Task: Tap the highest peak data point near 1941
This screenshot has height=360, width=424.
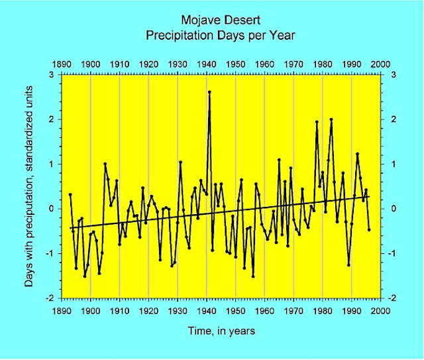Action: point(209,92)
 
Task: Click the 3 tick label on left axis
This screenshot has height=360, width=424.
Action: point(52,74)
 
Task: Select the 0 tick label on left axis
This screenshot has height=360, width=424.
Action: point(52,209)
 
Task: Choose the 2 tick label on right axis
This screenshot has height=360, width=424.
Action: point(390,119)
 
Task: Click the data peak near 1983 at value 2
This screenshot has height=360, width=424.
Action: point(331,119)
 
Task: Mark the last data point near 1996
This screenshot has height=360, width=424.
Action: point(369,229)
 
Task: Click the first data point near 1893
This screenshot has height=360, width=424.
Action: point(70,194)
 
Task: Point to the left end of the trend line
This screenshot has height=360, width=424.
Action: point(70,228)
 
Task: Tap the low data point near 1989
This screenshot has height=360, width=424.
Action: point(348,265)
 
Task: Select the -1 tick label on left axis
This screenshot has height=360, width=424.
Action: point(51,253)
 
